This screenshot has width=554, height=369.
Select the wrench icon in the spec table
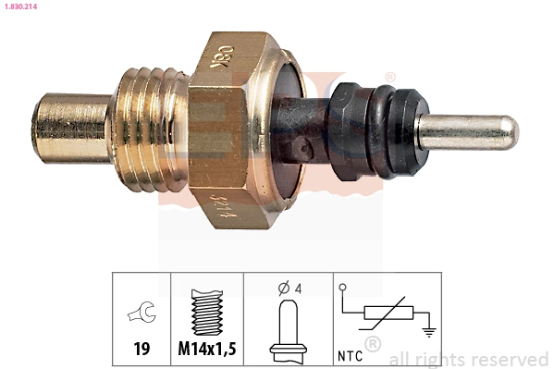pos(142,314)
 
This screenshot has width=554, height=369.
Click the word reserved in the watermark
pos(509,359)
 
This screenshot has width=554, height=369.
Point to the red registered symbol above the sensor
pos(389,77)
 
